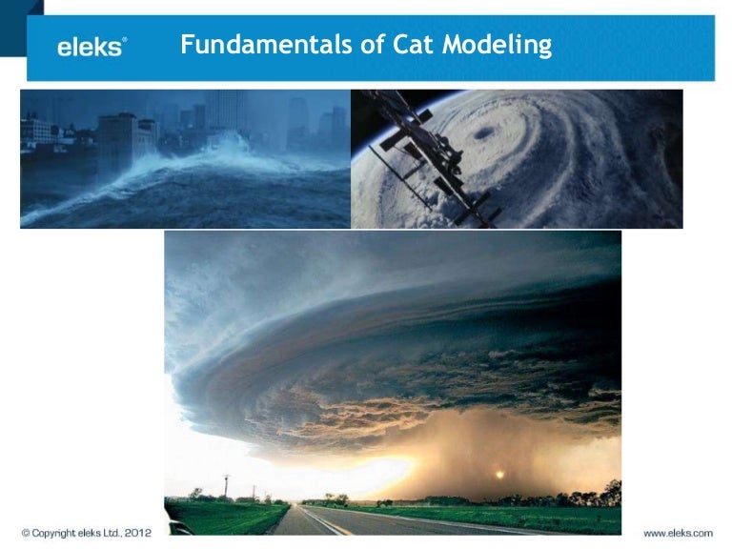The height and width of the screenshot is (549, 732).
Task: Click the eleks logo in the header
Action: [91, 47]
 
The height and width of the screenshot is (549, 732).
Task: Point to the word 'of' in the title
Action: [347, 45]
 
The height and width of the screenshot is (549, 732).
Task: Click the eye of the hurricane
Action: [485, 132]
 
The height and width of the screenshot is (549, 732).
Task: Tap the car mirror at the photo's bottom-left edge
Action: [174, 525]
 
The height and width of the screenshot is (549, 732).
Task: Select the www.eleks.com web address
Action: [678, 533]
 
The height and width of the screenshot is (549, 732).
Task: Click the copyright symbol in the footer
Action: [26, 533]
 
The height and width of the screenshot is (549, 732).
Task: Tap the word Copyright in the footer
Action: [53, 533]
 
